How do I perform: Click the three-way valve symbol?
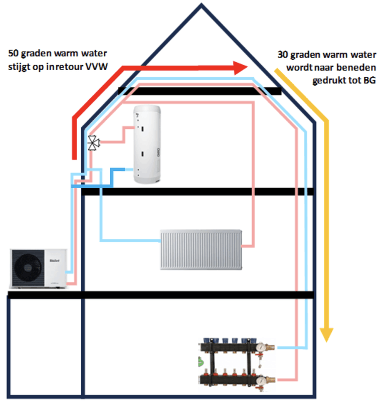coord(93,143)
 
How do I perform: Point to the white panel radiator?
coord(201,250)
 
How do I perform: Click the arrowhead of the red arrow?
coord(242,67)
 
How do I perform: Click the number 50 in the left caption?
coord(15,53)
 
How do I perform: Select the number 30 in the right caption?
coord(282,54)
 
